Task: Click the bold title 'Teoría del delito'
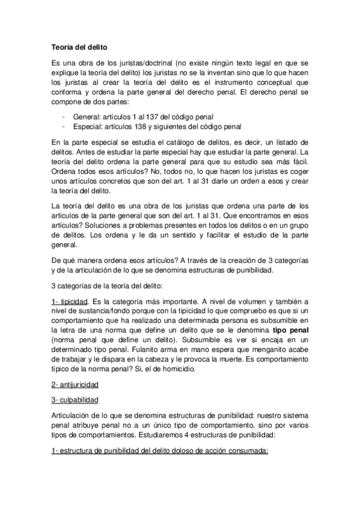click(x=79, y=46)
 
